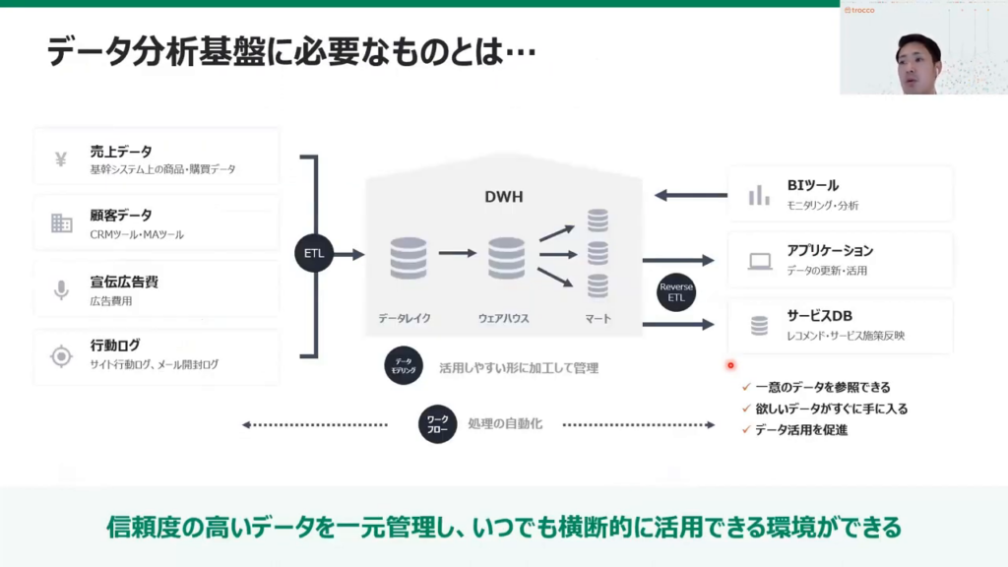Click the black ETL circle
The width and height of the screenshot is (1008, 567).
click(x=314, y=254)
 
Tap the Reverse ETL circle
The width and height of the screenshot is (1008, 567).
click(x=676, y=291)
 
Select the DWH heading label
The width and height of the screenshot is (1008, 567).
click(x=503, y=197)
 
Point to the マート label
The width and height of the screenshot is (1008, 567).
click(x=598, y=318)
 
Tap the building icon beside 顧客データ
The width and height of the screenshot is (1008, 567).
click(x=61, y=223)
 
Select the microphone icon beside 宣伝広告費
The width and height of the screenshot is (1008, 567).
click(x=61, y=289)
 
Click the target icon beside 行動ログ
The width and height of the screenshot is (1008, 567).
click(x=61, y=355)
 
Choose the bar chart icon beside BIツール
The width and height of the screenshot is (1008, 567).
click(x=759, y=194)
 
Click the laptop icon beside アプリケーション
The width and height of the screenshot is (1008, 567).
click(x=759, y=261)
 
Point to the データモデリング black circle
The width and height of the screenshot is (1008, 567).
click(x=404, y=366)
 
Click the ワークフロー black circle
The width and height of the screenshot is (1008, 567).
click(x=437, y=425)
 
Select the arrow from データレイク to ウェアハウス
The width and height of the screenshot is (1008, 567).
click(x=458, y=254)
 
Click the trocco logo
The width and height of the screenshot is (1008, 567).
click(x=859, y=10)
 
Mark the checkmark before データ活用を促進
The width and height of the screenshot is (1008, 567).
click(x=746, y=429)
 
